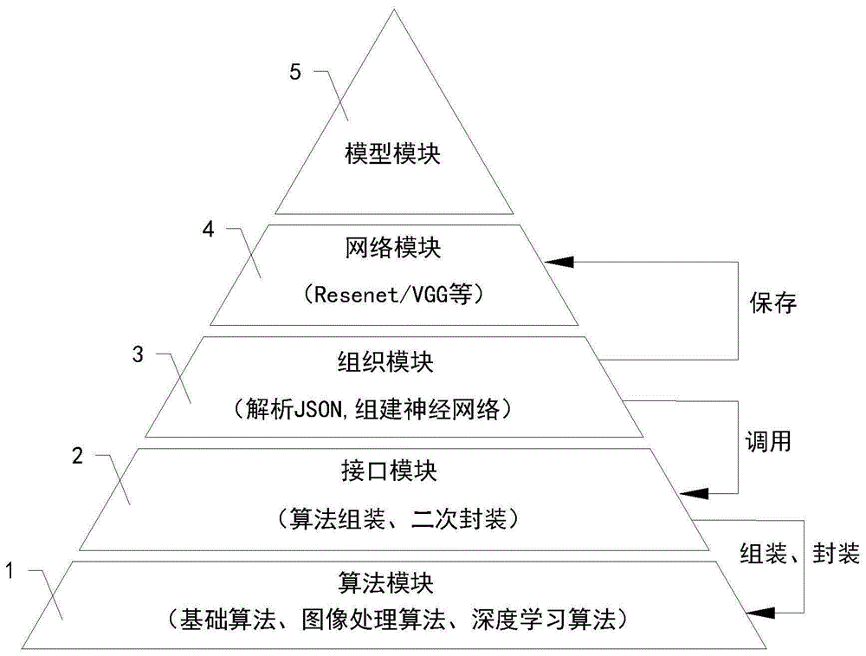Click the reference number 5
[295, 73]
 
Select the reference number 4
[208, 231]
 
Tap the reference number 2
[77, 457]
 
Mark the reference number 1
[10, 571]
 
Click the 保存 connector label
[772, 304]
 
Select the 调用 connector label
[768, 441]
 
